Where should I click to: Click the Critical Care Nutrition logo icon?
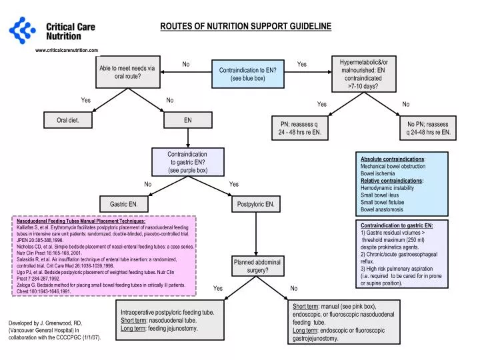coord(21,29)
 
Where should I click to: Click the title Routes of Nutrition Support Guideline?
coord(245,26)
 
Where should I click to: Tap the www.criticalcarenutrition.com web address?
coord(66,50)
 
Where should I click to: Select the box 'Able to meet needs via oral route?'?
coord(127,72)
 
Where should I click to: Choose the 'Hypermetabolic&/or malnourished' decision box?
coord(363,73)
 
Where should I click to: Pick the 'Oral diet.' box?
coord(64,121)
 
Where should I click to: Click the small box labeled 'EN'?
coord(188,121)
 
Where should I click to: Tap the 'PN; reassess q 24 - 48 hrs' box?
coord(299,128)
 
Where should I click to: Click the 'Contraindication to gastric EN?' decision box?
coord(187,162)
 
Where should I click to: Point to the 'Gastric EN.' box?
coord(123,203)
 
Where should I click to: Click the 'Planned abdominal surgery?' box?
coord(257,266)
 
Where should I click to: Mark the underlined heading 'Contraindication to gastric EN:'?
coord(397,225)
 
